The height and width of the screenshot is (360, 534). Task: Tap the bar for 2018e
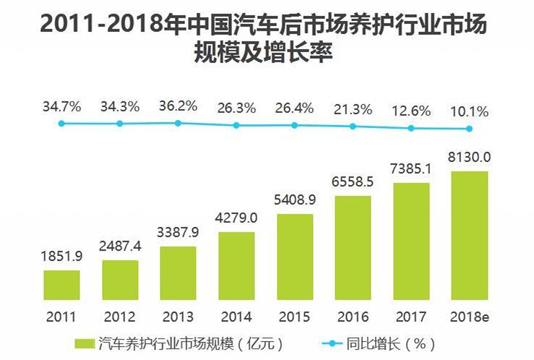click(x=469, y=234)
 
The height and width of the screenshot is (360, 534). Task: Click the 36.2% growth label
click(x=178, y=106)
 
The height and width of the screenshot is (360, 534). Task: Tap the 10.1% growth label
click(x=469, y=112)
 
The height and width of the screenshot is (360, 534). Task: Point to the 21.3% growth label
click(x=353, y=110)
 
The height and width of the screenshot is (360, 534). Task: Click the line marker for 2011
click(x=61, y=124)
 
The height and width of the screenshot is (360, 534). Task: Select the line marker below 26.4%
click(x=295, y=125)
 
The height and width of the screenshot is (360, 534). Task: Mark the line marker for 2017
click(x=411, y=128)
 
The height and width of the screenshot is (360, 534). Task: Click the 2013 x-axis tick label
click(x=178, y=316)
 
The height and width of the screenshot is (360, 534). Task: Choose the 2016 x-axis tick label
click(x=353, y=316)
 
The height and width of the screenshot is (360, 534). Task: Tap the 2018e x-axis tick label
click(x=469, y=316)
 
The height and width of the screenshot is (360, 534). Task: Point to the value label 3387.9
click(x=178, y=234)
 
